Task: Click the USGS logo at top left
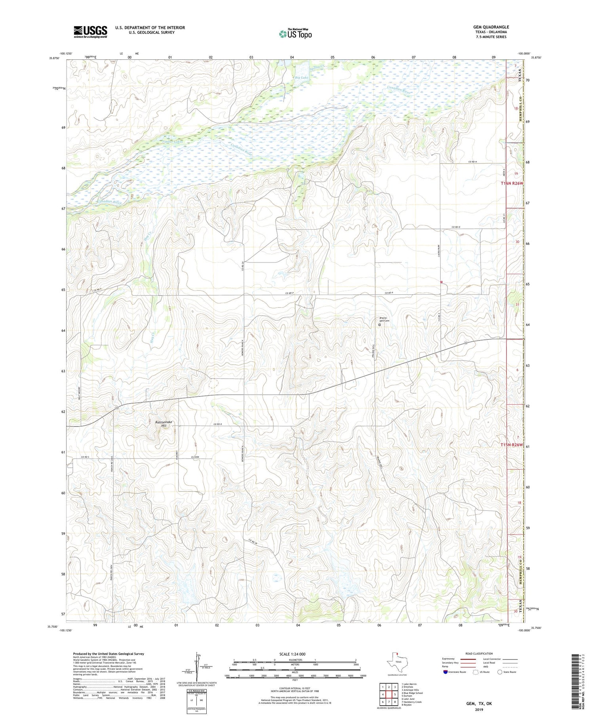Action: [x=90, y=32]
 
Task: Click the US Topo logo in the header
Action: [x=295, y=34]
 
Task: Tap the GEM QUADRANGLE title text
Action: [x=491, y=27]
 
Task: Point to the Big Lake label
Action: [x=301, y=78]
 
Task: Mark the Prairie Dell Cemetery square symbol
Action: [x=379, y=325]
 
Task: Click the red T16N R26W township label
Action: [x=512, y=183]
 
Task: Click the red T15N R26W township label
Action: [x=511, y=445]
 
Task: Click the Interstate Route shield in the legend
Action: [x=445, y=672]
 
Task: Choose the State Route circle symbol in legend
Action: [x=500, y=672]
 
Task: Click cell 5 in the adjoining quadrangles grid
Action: [x=395, y=695]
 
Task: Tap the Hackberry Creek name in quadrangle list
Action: [x=412, y=702]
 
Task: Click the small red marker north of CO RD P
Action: [x=441, y=282]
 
